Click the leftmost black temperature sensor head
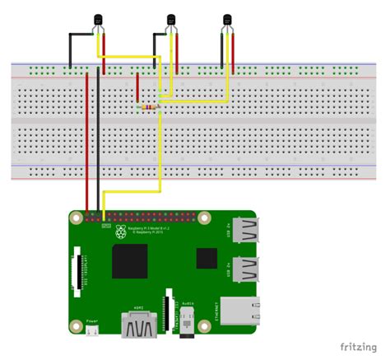[x=100, y=20]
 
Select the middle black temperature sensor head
[x=171, y=20]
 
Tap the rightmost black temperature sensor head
[x=228, y=20]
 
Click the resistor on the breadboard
[x=149, y=106]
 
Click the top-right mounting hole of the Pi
[x=222, y=217]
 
